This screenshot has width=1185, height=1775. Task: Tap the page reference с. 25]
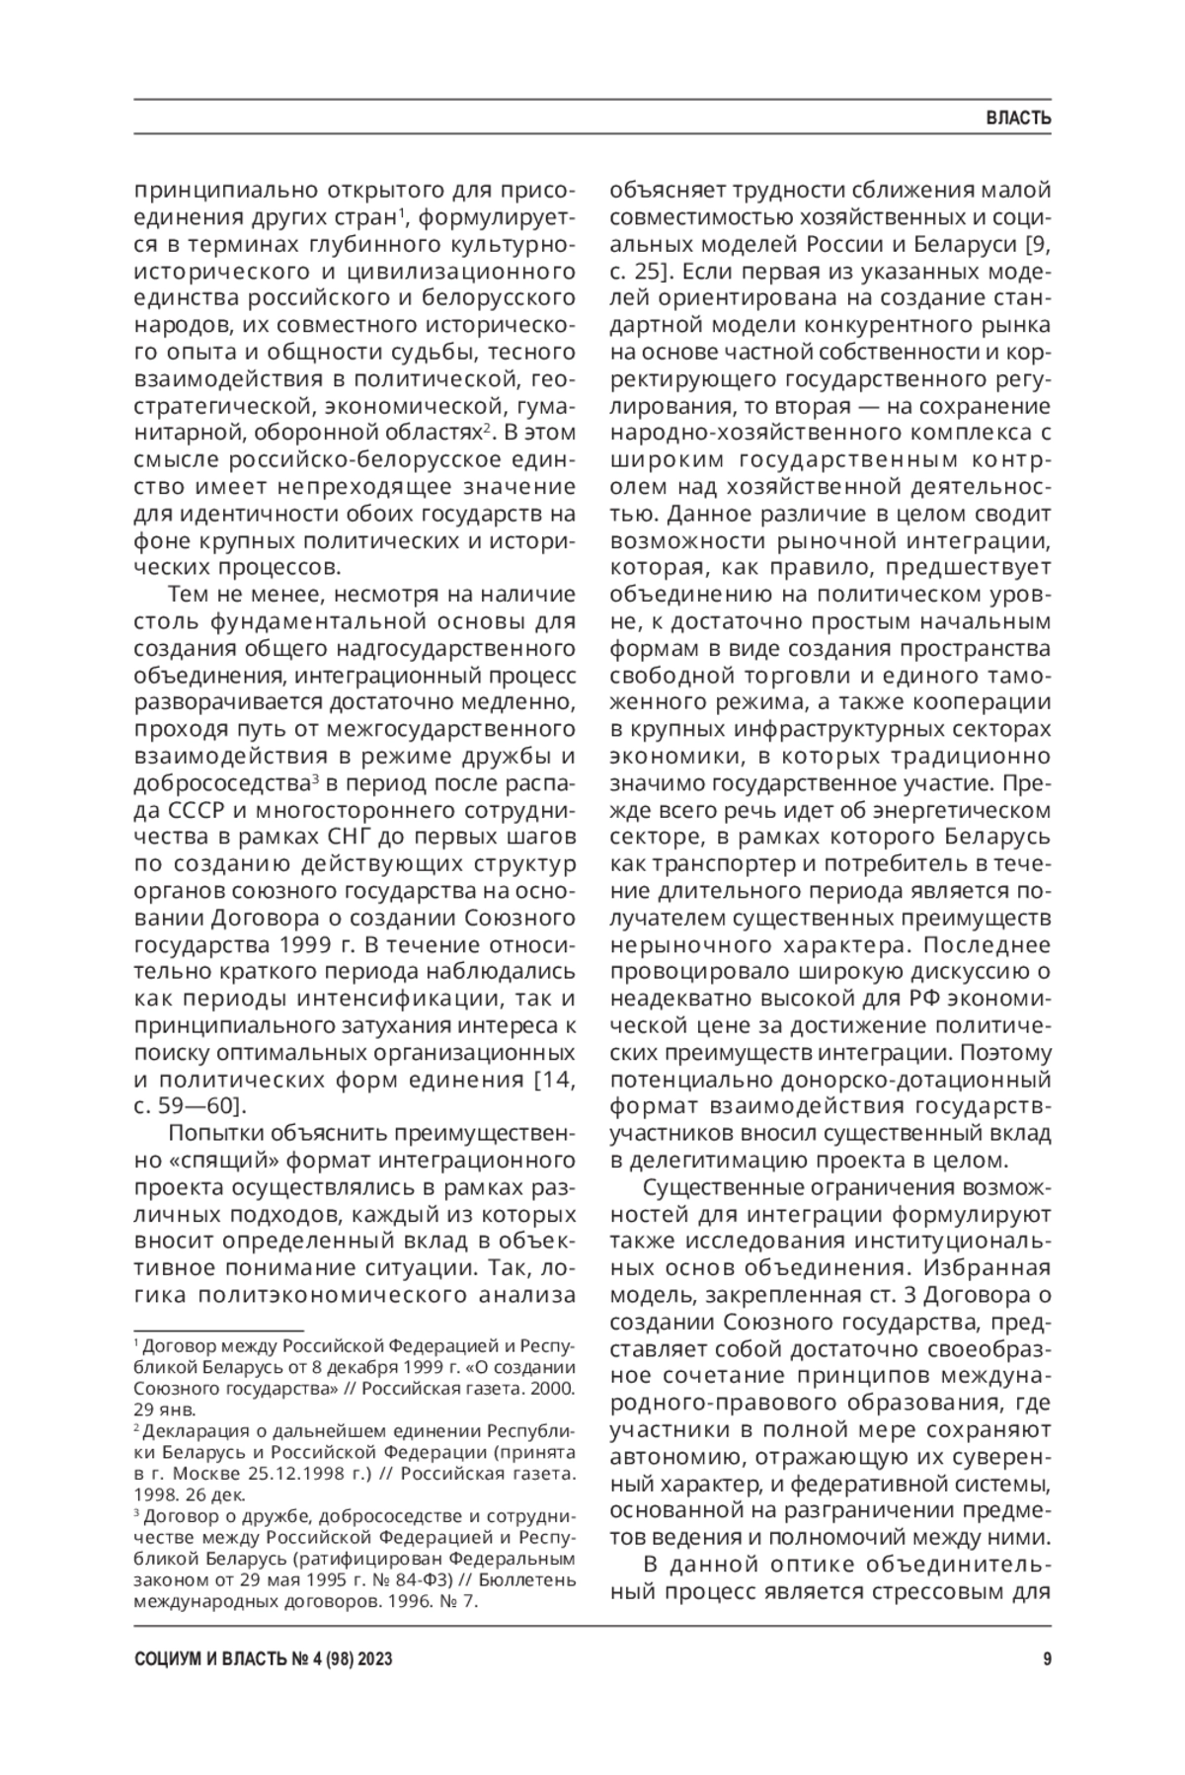click(643, 270)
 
